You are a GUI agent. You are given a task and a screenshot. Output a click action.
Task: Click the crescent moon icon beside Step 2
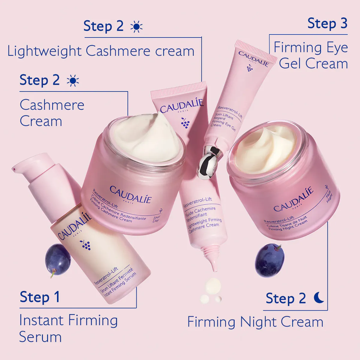pyautogui.click(x=319, y=298)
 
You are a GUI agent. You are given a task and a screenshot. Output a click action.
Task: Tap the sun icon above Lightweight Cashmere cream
pyautogui.click(x=136, y=27)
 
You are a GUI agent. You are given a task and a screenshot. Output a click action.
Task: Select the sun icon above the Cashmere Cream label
pyautogui.click(x=73, y=81)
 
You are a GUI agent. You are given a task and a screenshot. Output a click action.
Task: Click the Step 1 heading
pyautogui.click(x=40, y=297)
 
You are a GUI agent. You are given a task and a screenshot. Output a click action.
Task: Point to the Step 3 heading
pyautogui.click(x=327, y=23)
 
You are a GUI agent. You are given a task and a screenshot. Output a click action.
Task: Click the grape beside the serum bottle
pyautogui.click(x=58, y=259)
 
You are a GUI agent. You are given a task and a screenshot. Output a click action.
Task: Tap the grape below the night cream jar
pyautogui.click(x=269, y=260)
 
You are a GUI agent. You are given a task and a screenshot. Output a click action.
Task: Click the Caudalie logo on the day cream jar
pyautogui.click(x=130, y=194)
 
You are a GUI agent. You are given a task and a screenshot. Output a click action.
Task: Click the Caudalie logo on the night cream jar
pyautogui.click(x=293, y=199)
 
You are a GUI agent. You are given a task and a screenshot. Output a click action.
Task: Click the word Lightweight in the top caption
pyautogui.click(x=44, y=51)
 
